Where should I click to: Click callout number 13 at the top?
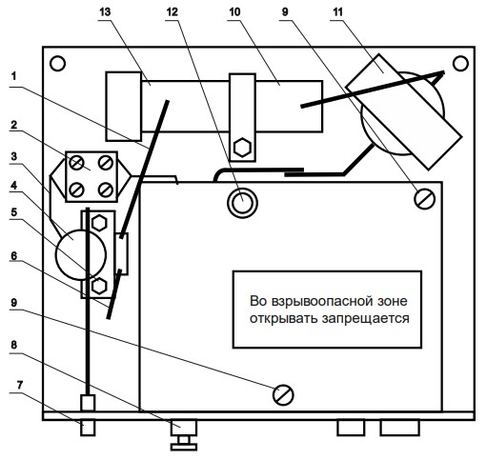pyautogui.click(x=105, y=11)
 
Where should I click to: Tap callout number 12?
pyautogui.click(x=172, y=11)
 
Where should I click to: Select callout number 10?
pyautogui.click(x=234, y=11)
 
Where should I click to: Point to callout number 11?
pyautogui.click(x=338, y=11)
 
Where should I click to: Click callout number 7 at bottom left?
pyautogui.click(x=20, y=385)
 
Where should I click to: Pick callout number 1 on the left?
pyautogui.click(x=13, y=76)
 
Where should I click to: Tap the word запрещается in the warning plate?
pyautogui.click(x=365, y=318)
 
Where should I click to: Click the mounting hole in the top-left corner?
pyautogui.click(x=57, y=64)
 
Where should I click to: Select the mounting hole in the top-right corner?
pyautogui.click(x=460, y=64)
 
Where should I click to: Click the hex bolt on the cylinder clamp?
pyautogui.click(x=242, y=148)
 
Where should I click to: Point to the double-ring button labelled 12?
pyautogui.click(x=242, y=203)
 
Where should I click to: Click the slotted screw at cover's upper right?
pyautogui.click(x=425, y=199)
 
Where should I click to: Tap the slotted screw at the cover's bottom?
pyautogui.click(x=283, y=395)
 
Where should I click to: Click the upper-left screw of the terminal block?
pyautogui.click(x=77, y=163)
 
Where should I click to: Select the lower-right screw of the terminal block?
pyautogui.click(x=106, y=190)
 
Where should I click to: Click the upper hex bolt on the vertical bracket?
pyautogui.click(x=99, y=223)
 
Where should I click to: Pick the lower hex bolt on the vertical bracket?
pyautogui.click(x=99, y=286)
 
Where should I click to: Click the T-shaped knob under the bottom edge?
pyautogui.click(x=184, y=435)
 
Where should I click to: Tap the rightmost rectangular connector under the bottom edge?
pyautogui.click(x=399, y=428)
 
